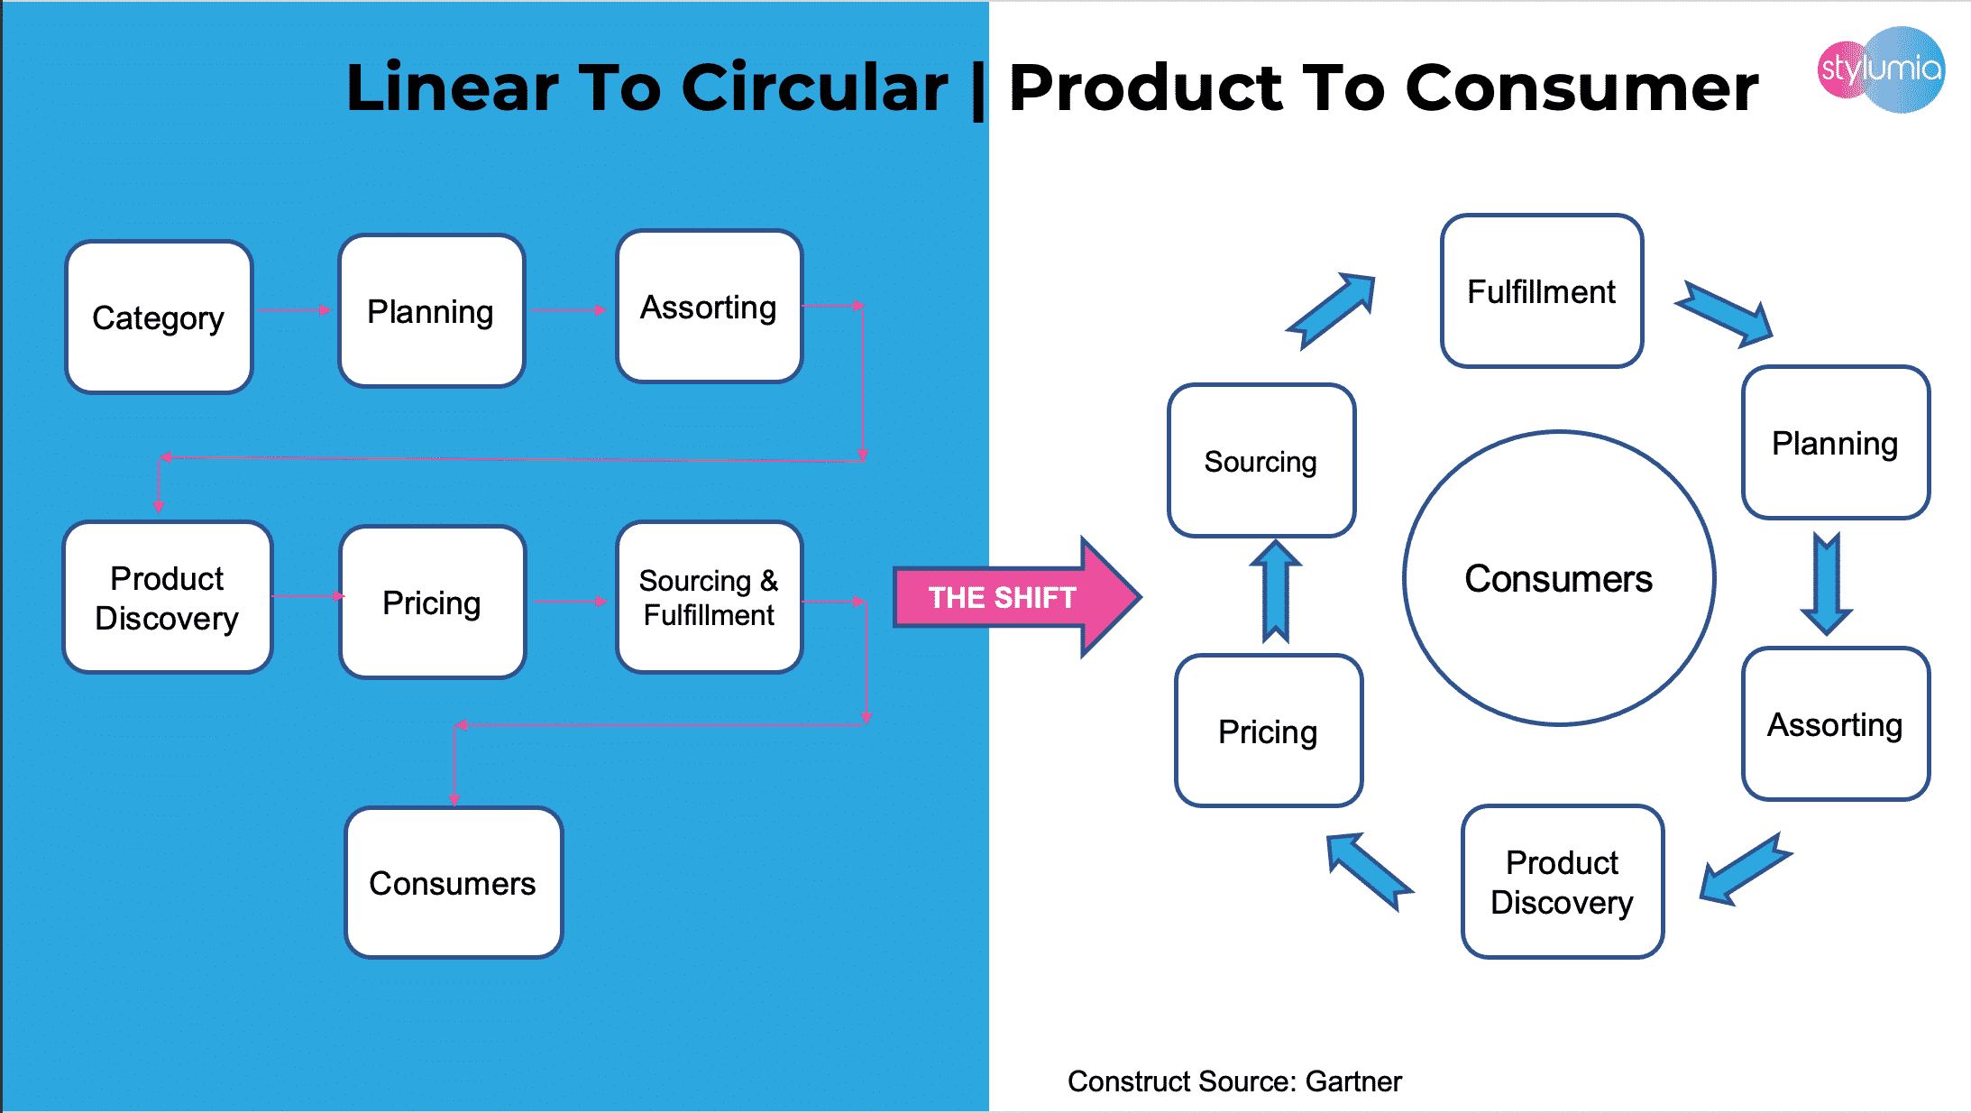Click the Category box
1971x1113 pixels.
[x=159, y=317]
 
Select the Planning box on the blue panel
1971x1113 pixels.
[x=431, y=311]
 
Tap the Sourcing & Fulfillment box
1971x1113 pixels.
[x=709, y=597]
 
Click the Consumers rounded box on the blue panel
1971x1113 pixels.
[x=454, y=882]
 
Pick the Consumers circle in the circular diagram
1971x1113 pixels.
[x=1558, y=578]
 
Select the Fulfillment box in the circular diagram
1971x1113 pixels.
[x=1541, y=291]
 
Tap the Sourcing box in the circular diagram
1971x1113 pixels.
[x=1261, y=461]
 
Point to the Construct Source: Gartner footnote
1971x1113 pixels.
[x=1234, y=1081]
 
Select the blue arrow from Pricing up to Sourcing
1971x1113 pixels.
[x=1275, y=591]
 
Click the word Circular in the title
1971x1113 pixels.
[x=814, y=87]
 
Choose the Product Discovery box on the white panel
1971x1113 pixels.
[x=1562, y=882]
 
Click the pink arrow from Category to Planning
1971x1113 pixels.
[x=295, y=310]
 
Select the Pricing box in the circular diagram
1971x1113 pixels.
[x=1268, y=731]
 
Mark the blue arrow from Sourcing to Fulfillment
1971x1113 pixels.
[x=1332, y=309]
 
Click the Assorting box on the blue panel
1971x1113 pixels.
[x=709, y=307]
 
